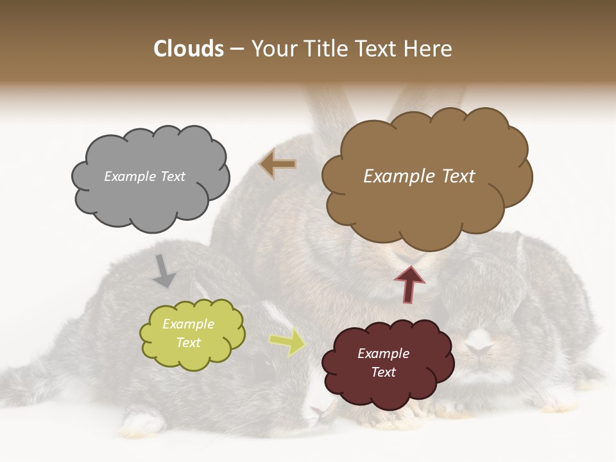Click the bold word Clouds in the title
pyautogui.click(x=188, y=49)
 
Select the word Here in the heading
pyautogui.click(x=429, y=49)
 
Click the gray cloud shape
pyautogui.click(x=150, y=193)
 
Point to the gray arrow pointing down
pyautogui.click(x=164, y=271)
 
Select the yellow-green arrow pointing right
pyautogui.click(x=287, y=343)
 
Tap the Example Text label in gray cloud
pyautogui.click(x=144, y=176)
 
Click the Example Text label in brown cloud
pyautogui.click(x=419, y=176)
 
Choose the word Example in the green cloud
pyautogui.click(x=188, y=324)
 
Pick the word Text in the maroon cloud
pyautogui.click(x=383, y=372)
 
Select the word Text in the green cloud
pyautogui.click(x=188, y=343)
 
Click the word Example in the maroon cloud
pyautogui.click(x=383, y=354)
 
